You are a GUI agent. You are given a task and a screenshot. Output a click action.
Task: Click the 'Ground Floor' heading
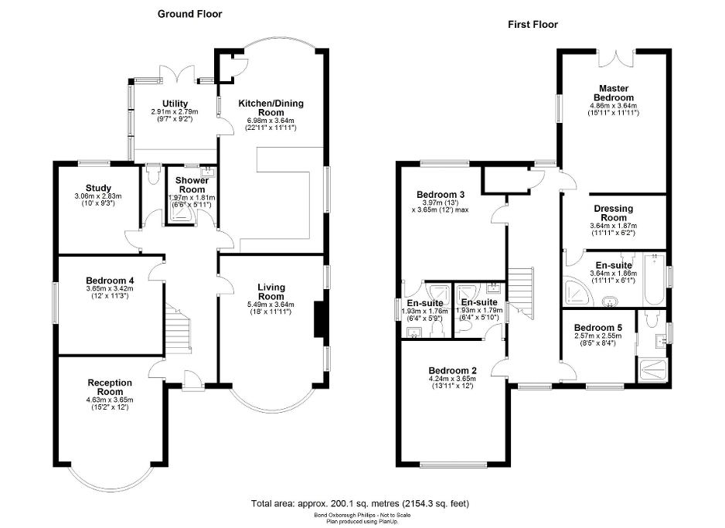tap(190, 13)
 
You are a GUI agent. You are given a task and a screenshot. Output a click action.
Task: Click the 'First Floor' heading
tap(533, 24)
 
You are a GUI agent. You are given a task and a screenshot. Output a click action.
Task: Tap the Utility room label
tap(175, 104)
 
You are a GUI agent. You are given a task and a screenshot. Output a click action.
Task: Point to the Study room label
tap(99, 188)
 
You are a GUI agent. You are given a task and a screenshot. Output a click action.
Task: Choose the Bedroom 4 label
tap(109, 280)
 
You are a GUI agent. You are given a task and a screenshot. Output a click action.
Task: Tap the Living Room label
tap(271, 291)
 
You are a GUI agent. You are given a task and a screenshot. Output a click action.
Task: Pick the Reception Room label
tap(110, 387)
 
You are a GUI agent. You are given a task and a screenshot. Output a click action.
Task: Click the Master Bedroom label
tap(614, 93)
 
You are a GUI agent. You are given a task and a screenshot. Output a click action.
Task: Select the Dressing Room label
tap(614, 213)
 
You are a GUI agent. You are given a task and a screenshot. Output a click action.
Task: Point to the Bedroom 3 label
tap(440, 194)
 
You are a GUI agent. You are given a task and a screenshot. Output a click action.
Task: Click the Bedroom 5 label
tap(597, 326)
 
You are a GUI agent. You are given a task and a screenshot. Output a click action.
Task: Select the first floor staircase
tap(521, 292)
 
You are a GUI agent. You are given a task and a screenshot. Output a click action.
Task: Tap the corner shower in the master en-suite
tap(576, 289)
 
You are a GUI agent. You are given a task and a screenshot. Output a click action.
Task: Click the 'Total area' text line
tap(360, 503)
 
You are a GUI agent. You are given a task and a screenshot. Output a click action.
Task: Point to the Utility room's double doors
tap(178, 74)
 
